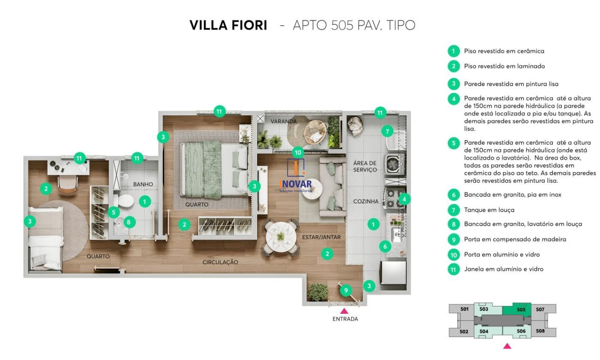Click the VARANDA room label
[x=284, y=121]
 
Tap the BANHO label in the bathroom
[x=143, y=184]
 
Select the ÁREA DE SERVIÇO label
[x=365, y=166]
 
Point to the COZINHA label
[x=366, y=201]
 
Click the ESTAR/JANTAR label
[x=321, y=237]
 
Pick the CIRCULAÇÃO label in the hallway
[x=220, y=262]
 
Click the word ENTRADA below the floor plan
[x=345, y=319]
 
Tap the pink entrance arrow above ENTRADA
[x=344, y=311]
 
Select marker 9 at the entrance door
[x=346, y=290]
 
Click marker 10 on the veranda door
[x=298, y=153]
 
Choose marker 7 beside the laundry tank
[x=387, y=131]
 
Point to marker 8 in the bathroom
[x=129, y=222]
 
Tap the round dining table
[x=281, y=236]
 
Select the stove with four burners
[x=394, y=198]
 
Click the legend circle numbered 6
[x=453, y=195]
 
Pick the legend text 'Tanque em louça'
[x=489, y=210]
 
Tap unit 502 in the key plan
[x=464, y=331]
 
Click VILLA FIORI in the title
[x=228, y=25]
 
